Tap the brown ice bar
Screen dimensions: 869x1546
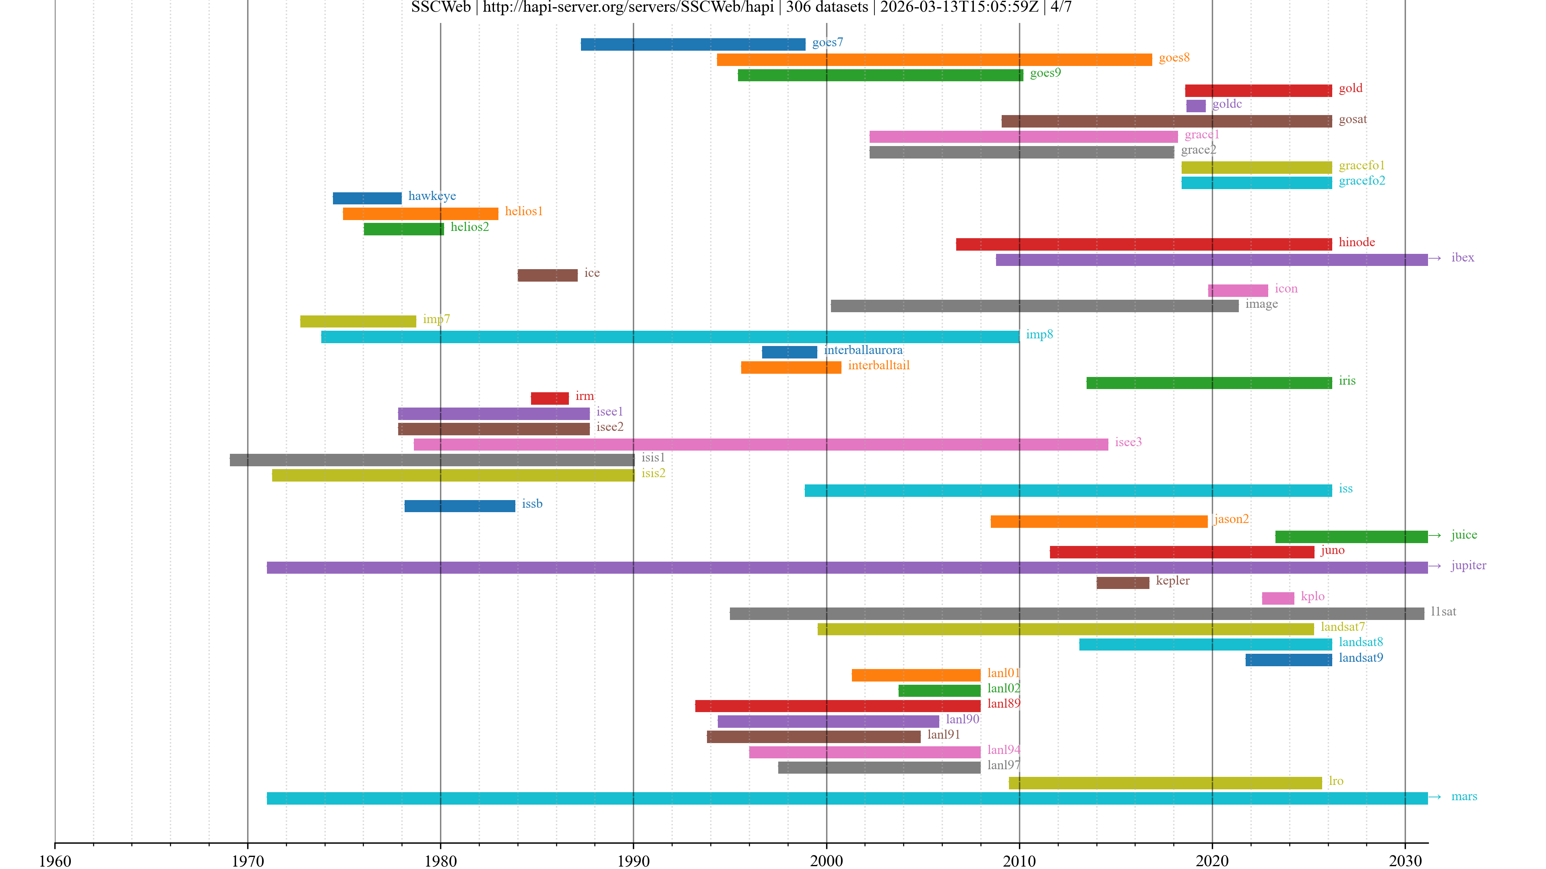pyautogui.click(x=548, y=275)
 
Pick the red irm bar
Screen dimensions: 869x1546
pyautogui.click(x=550, y=398)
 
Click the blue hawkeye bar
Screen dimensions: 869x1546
pyautogui.click(x=367, y=198)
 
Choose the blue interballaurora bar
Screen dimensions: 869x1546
pyautogui.click(x=789, y=352)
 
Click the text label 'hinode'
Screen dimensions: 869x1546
pyautogui.click(x=1356, y=242)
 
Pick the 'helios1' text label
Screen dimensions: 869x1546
pyautogui.click(x=523, y=212)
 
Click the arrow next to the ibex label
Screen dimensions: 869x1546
pyautogui.click(x=1434, y=258)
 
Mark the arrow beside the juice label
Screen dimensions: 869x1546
pyautogui.click(x=1434, y=535)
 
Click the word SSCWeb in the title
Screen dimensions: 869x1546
pyautogui.click(x=440, y=7)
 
